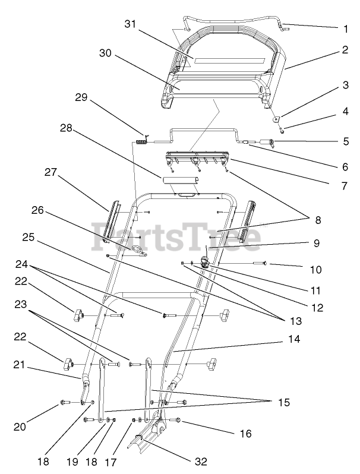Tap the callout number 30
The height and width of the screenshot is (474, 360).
point(106,53)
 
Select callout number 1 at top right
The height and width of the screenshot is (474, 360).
point(345,27)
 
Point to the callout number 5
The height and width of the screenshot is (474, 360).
point(345,142)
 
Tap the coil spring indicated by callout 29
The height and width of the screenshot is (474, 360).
point(141,141)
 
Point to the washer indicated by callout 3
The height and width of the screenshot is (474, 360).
point(277,118)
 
